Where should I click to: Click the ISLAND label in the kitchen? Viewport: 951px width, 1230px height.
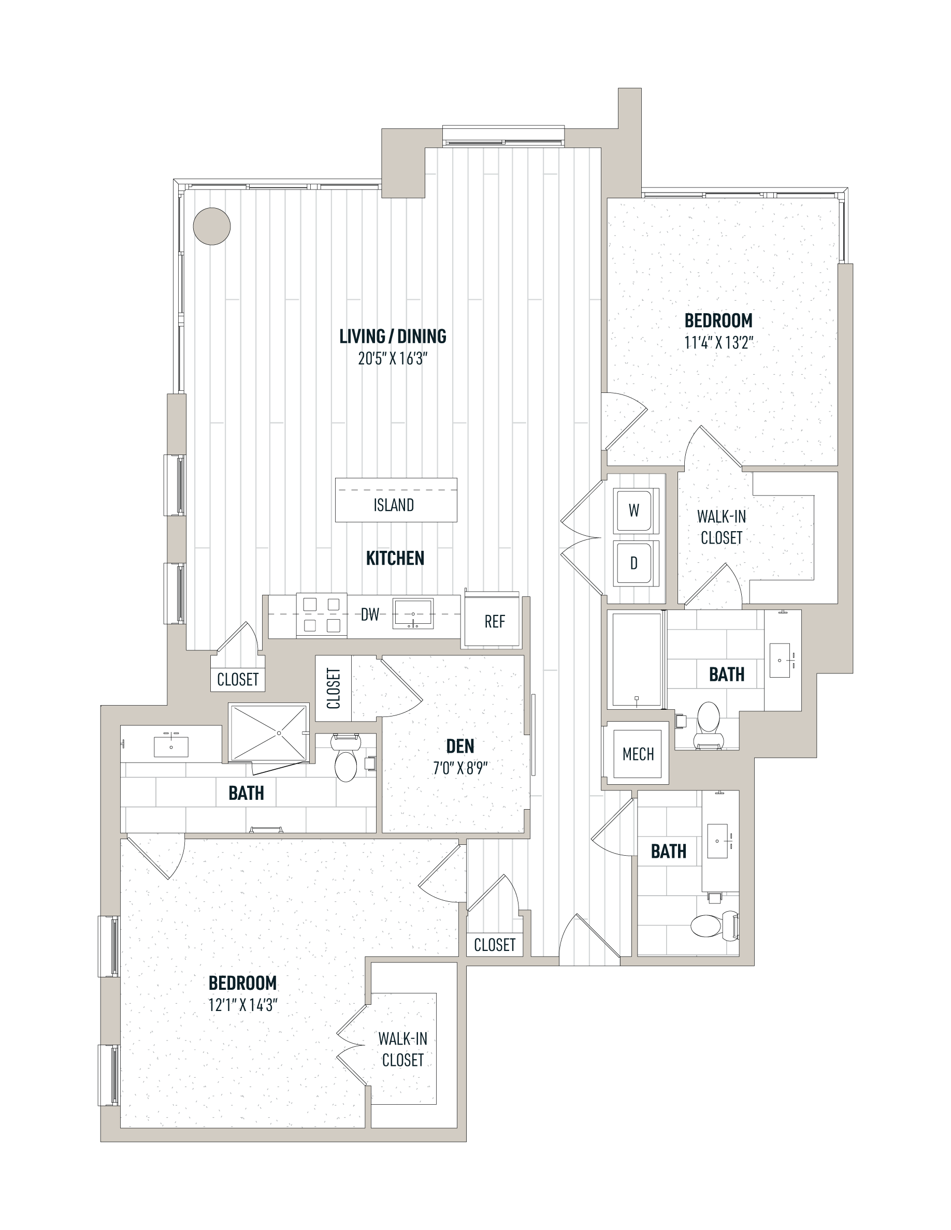[394, 505]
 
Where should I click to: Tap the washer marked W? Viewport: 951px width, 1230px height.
[634, 510]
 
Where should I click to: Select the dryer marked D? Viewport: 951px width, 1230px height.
[634, 563]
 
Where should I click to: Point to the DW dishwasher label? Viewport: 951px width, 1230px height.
[370, 614]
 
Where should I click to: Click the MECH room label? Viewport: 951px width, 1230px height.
[638, 754]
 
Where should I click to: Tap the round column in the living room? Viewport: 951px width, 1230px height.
[212, 226]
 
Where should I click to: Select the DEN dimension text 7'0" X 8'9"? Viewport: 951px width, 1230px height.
[460, 768]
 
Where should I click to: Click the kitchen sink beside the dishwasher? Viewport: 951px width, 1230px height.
[413, 614]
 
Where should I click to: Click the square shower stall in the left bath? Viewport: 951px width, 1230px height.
[269, 733]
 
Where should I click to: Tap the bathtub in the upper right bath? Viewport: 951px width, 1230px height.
[637, 660]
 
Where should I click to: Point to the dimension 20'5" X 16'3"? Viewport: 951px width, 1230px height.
[393, 359]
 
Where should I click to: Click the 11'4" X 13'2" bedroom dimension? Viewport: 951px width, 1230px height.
[719, 342]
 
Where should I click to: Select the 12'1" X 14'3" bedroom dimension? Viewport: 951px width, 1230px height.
[243, 1005]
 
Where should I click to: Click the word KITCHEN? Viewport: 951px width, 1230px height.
[395, 558]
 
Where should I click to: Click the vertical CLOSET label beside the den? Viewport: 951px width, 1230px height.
[334, 688]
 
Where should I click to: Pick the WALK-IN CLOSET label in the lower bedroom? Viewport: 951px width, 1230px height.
[403, 1049]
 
